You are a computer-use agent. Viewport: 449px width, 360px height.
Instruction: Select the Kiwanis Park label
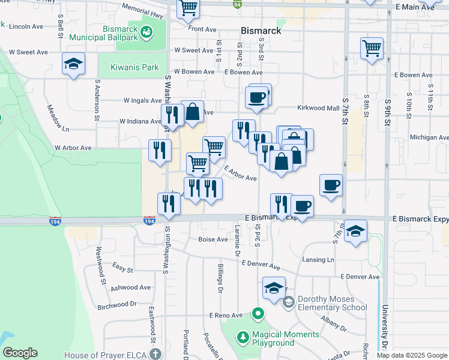tap(134, 68)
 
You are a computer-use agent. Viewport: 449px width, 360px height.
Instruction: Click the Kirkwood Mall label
tap(319, 108)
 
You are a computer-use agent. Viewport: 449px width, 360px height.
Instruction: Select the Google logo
tap(20, 353)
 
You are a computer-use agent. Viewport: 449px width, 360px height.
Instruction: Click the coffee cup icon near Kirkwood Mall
tap(256, 98)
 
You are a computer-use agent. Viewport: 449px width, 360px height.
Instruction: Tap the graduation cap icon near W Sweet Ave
tap(73, 64)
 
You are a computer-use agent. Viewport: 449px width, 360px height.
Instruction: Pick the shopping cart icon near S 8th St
tap(372, 48)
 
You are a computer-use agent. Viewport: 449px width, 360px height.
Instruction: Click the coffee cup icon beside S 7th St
tap(331, 185)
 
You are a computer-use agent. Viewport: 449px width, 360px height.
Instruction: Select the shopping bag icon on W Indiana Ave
tap(192, 112)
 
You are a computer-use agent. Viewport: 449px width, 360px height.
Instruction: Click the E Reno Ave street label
tap(225, 315)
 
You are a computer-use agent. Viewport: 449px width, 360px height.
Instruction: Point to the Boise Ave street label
tap(213, 239)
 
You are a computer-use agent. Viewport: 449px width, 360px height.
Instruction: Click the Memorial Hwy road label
tap(143, 10)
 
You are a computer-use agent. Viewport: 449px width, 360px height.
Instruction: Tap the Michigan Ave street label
tap(429, 137)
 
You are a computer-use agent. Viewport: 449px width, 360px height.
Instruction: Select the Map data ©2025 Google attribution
tap(411, 355)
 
